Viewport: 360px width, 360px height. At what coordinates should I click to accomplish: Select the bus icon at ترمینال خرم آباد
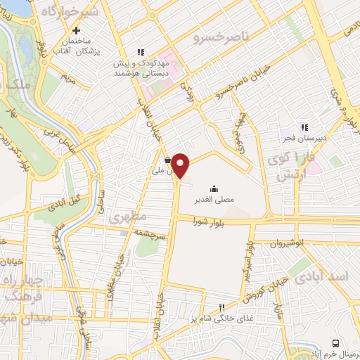[335, 342]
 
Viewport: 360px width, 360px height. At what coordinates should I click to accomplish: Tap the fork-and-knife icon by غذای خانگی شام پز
[223, 307]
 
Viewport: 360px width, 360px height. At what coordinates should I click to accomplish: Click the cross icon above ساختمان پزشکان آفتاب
[77, 30]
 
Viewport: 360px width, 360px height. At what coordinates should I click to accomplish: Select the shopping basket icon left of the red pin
[167, 159]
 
